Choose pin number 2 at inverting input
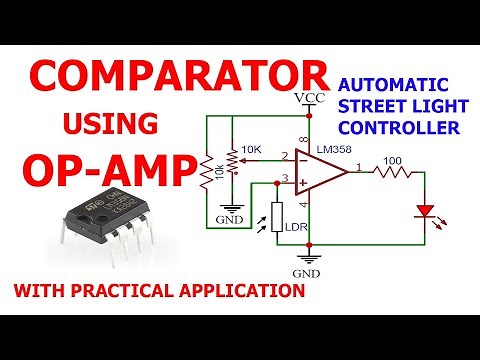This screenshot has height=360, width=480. [286, 156]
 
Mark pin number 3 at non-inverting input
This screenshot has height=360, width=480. [286, 179]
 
